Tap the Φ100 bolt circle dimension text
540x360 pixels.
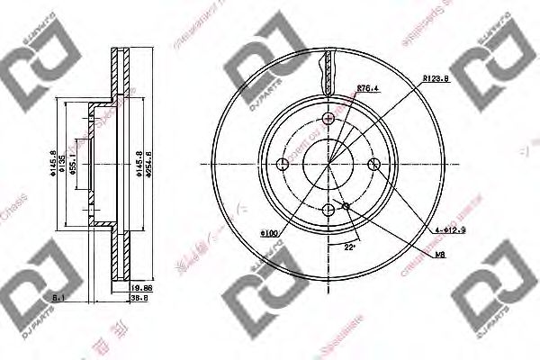point(270,233)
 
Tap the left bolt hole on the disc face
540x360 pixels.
point(283,164)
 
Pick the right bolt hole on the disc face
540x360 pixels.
point(375,164)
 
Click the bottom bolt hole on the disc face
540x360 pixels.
point(328,211)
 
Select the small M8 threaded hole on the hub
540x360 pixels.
point(347,206)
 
